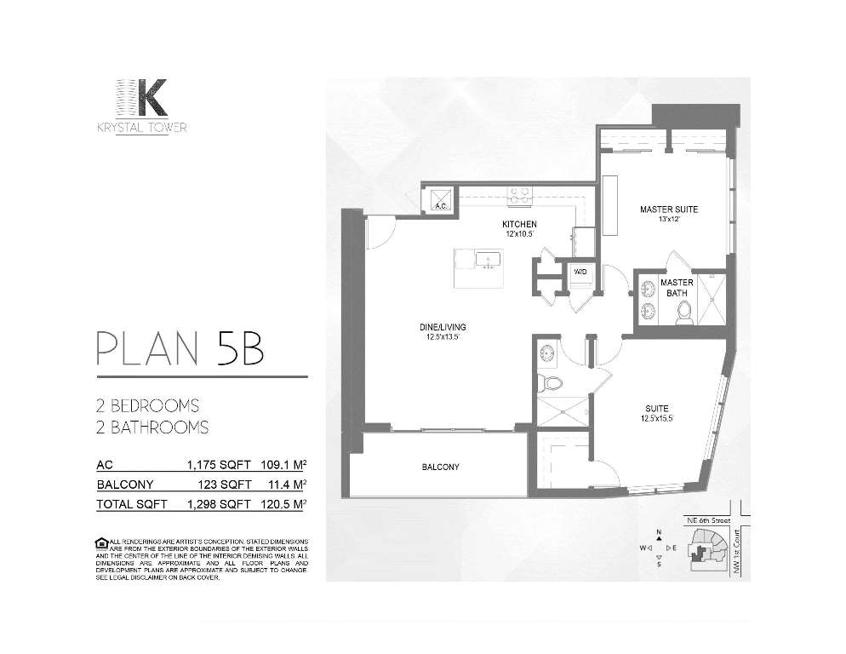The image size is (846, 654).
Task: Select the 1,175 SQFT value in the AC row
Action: pos(218,465)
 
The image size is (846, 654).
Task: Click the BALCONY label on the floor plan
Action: pos(441,467)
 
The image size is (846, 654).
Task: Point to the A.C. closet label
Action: pos(441,206)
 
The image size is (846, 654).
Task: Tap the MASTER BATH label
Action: pos(677,288)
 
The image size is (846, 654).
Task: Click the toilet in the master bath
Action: pos(681,315)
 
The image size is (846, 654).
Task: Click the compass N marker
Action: pos(659,533)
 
